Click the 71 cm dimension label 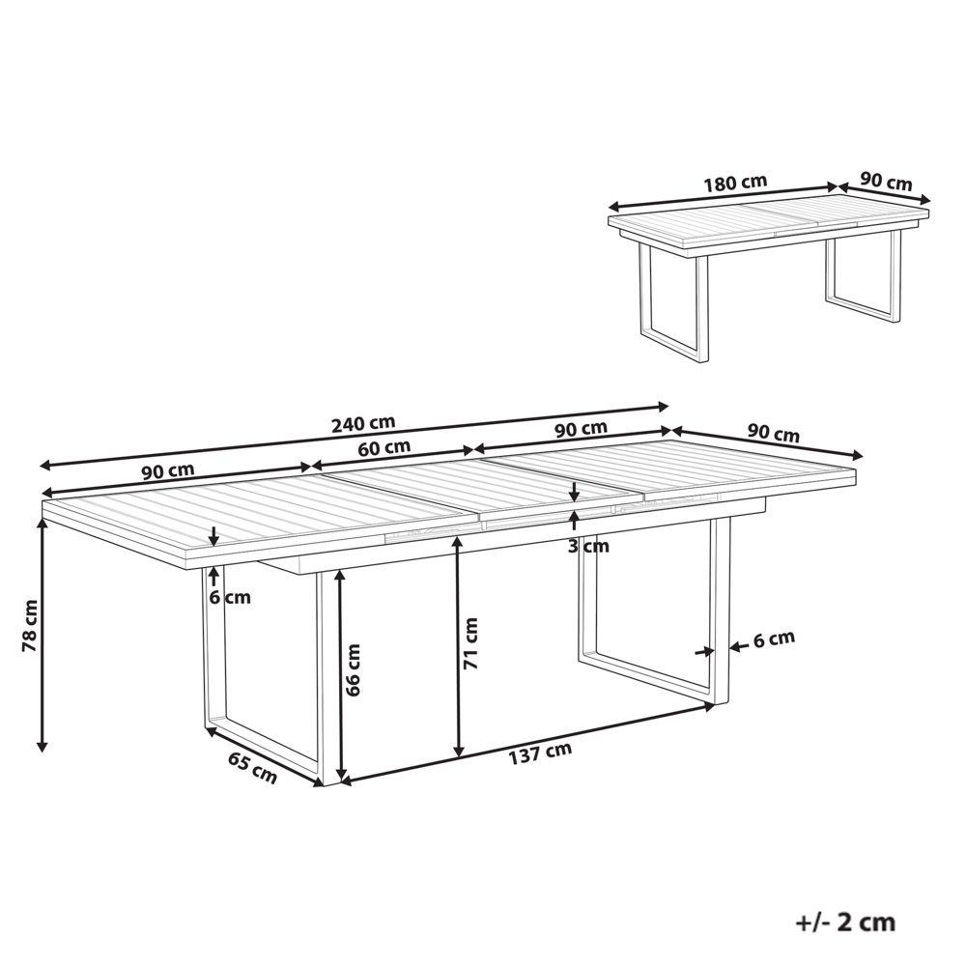470,644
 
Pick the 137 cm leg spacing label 540,751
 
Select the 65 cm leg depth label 252,767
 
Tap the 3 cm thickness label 588,546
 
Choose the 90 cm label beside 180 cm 886,182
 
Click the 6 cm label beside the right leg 774,638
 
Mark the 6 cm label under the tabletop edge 230,597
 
